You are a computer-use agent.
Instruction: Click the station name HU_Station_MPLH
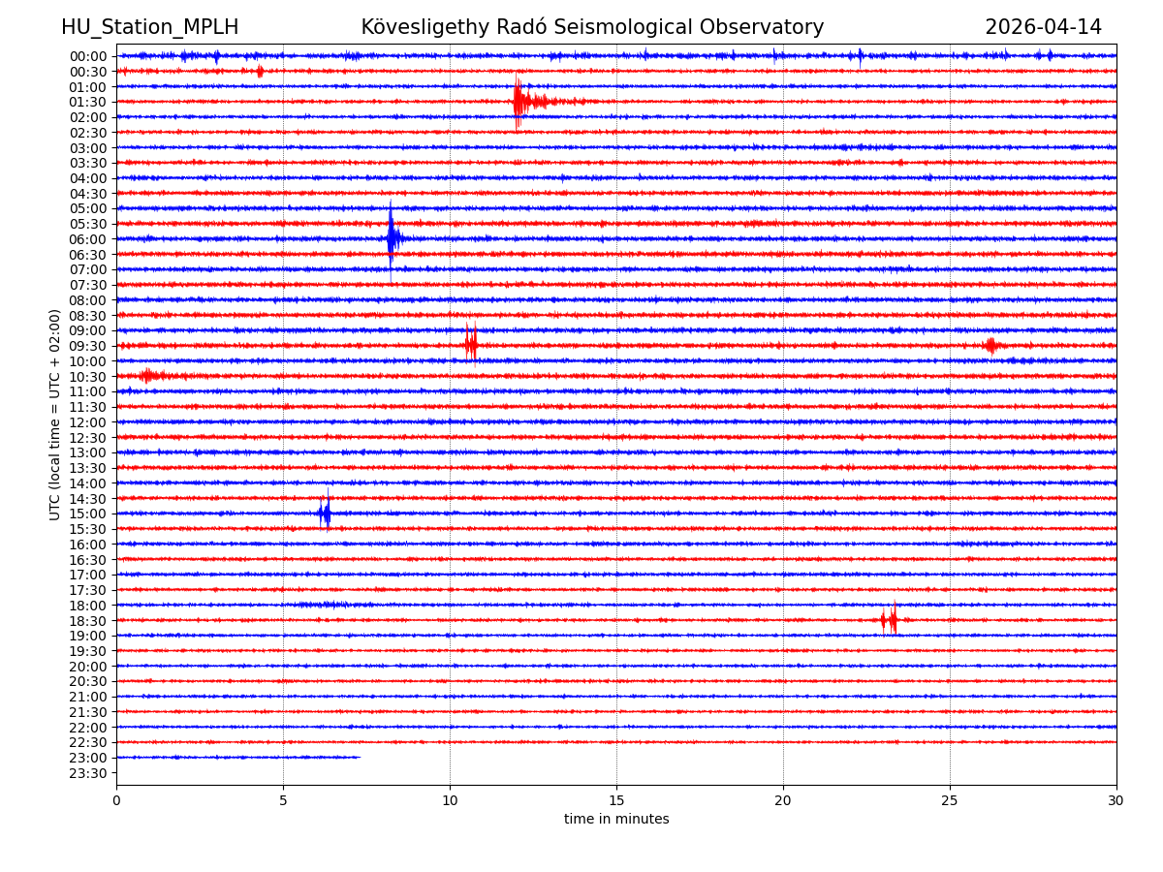point(149,27)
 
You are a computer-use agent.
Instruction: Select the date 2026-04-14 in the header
point(1043,27)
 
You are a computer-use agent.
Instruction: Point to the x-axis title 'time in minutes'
point(616,819)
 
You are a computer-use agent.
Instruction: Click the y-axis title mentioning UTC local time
point(55,415)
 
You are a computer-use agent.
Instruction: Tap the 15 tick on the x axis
point(616,800)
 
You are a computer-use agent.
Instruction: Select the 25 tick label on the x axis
point(950,800)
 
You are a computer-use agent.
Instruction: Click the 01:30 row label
point(87,102)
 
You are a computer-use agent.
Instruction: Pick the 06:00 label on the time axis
point(87,239)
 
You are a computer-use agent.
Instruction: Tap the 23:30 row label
point(87,773)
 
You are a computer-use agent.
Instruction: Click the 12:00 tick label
point(87,422)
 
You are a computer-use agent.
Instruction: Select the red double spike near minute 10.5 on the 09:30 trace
point(470,344)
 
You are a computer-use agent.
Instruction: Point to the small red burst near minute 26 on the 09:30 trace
point(990,345)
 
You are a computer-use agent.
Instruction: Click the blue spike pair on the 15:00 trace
point(325,513)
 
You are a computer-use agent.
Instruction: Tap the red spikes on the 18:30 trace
point(890,620)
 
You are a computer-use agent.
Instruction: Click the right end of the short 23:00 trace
point(359,757)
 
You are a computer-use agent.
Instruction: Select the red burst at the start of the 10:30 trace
point(149,375)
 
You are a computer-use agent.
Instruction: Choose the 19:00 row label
point(87,636)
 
